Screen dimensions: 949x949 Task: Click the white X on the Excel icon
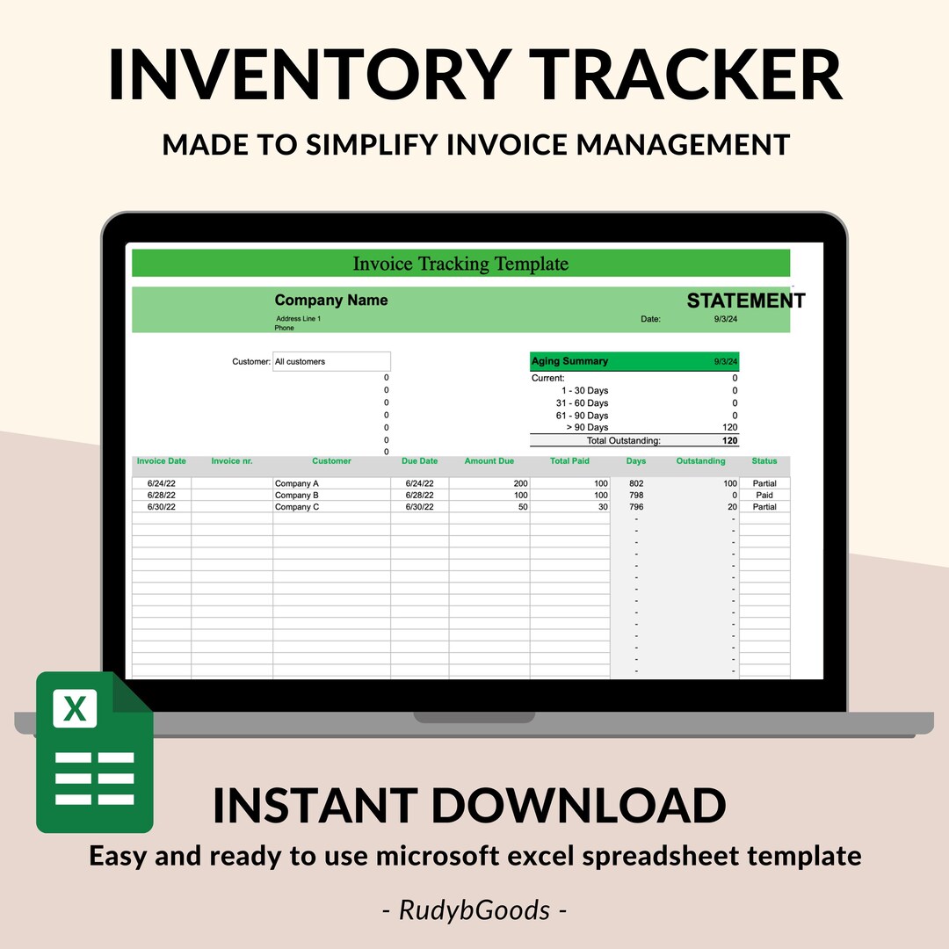tap(75, 707)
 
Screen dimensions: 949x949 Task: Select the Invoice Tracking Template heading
tap(460, 264)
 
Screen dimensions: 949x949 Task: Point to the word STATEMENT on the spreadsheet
tap(745, 301)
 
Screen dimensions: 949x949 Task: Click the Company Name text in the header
tap(330, 301)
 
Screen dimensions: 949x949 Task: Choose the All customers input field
tap(331, 361)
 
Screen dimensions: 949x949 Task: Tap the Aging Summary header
tap(569, 361)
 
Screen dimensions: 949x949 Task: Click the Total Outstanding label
tap(623, 440)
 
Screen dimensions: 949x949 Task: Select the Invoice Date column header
tap(161, 460)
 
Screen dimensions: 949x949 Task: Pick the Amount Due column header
tap(489, 460)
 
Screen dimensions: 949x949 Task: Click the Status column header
tap(764, 460)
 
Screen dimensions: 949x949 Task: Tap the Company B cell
tap(296, 495)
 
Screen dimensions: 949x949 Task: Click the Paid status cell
tap(764, 495)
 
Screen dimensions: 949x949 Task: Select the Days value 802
tap(636, 483)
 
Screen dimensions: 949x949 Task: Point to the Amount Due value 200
tap(521, 483)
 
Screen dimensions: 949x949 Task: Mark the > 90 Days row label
tap(587, 427)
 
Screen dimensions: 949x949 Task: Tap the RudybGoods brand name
tap(474, 909)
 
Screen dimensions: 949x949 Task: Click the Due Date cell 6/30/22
tap(419, 507)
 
